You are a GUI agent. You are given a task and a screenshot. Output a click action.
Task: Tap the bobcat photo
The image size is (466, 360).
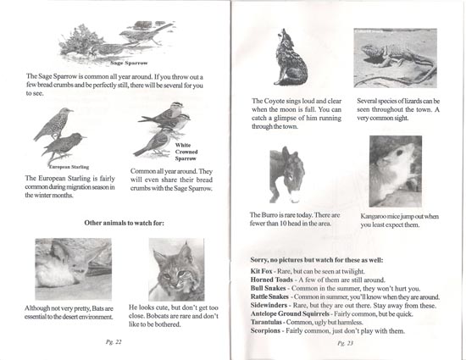176,269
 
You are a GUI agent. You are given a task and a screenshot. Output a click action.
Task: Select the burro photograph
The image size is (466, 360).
287,174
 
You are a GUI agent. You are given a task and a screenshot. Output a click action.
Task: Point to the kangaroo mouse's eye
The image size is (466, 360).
399,152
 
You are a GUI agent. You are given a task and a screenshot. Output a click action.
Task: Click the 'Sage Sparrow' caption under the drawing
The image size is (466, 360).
129,63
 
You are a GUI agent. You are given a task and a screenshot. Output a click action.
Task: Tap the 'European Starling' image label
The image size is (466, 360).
69,167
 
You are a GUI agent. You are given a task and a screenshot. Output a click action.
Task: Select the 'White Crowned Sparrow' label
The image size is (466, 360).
186,152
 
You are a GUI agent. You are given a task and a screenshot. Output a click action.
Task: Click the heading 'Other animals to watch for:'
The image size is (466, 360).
124,223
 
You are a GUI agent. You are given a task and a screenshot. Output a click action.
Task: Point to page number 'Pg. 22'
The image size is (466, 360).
114,342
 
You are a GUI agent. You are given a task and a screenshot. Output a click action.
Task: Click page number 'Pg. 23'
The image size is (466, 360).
346,343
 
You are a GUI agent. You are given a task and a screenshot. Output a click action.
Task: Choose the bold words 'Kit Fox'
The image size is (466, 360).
261,271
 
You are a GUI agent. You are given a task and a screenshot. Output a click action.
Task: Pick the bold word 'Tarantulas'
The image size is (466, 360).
266,322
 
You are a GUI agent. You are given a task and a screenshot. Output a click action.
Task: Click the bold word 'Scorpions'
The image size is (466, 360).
265,330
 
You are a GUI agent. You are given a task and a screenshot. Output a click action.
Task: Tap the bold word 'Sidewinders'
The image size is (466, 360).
269,305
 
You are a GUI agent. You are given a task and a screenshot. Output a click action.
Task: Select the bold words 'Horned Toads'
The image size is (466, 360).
272,280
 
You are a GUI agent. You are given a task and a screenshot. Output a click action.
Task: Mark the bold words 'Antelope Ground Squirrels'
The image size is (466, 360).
290,313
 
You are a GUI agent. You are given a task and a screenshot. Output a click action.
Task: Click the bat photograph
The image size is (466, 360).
74,269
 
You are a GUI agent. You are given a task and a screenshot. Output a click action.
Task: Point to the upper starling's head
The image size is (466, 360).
67,111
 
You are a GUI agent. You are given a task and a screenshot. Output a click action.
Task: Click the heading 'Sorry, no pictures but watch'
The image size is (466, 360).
317,260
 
